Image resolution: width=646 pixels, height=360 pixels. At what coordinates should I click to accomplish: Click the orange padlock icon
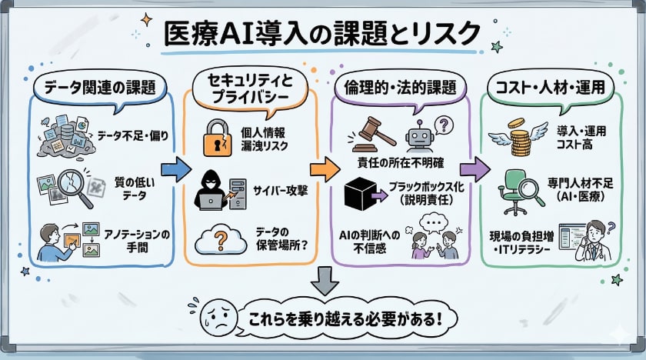(x=218, y=137)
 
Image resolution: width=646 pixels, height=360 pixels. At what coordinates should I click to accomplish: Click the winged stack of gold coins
(x=514, y=140)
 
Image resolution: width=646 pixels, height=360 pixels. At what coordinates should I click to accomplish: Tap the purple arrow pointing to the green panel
(x=474, y=169)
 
